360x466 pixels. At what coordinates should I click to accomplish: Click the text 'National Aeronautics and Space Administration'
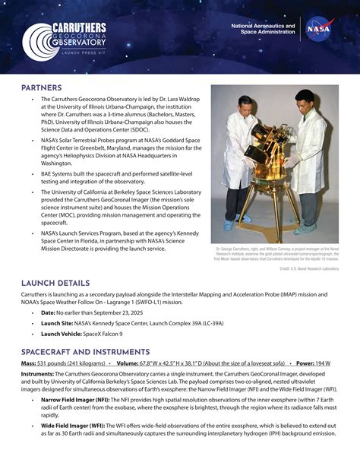pos(263,30)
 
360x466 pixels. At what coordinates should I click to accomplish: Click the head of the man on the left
pos(245,104)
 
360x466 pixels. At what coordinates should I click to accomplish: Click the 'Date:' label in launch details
pos(49,312)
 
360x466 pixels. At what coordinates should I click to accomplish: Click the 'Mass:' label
pos(29,363)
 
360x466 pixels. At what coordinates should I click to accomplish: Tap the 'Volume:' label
pos(133,363)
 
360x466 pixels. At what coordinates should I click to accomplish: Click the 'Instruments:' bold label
pos(37,374)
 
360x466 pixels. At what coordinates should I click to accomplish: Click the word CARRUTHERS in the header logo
pos(79,28)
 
